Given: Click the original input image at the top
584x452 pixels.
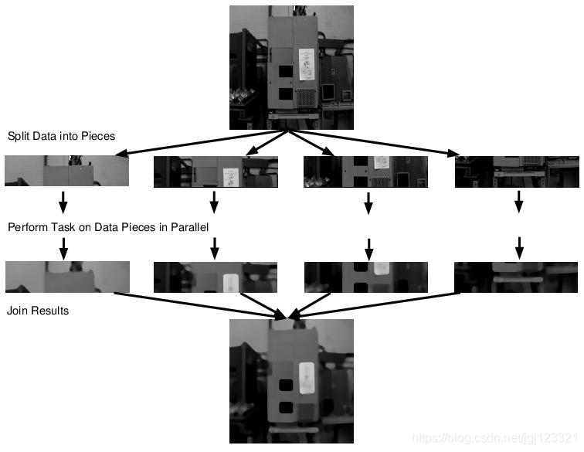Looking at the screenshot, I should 291,67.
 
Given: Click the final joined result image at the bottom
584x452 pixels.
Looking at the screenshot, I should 291,381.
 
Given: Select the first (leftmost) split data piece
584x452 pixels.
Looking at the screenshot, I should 66,171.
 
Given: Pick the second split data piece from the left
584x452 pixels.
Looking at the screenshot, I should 216,172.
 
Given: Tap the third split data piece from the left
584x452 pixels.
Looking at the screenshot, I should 365,172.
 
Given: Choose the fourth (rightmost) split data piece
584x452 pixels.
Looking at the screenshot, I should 516,172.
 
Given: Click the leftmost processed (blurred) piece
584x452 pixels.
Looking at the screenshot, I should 66,277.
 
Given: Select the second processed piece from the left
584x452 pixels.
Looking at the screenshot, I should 216,277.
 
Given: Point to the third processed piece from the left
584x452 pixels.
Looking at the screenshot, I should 365,277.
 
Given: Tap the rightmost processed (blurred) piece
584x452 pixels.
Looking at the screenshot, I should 516,277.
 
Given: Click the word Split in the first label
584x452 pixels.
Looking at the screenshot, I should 19,137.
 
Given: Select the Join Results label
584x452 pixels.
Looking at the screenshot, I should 38,311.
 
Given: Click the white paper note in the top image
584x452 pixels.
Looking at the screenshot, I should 306,65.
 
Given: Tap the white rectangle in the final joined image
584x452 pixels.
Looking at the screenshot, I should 306,377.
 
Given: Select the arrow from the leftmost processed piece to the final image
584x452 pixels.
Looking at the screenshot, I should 201,304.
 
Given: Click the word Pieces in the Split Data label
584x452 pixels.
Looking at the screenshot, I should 98,137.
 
